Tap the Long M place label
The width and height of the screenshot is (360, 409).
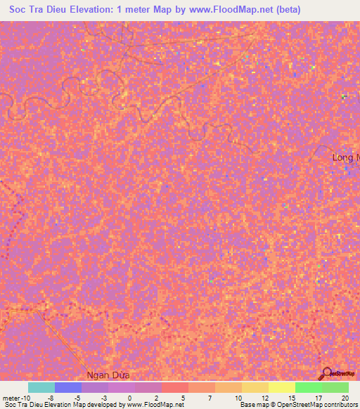(345, 158)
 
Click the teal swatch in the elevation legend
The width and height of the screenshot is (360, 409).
(41, 387)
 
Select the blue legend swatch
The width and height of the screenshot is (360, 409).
(67, 387)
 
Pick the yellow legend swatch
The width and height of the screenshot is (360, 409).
(281, 387)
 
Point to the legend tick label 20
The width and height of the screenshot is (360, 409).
(345, 397)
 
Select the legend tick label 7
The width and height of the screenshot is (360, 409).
(211, 397)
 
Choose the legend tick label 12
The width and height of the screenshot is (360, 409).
(264, 397)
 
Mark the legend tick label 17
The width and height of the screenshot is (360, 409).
(318, 397)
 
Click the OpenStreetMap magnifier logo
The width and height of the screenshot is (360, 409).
(326, 373)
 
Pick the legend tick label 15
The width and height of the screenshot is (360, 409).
(291, 397)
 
